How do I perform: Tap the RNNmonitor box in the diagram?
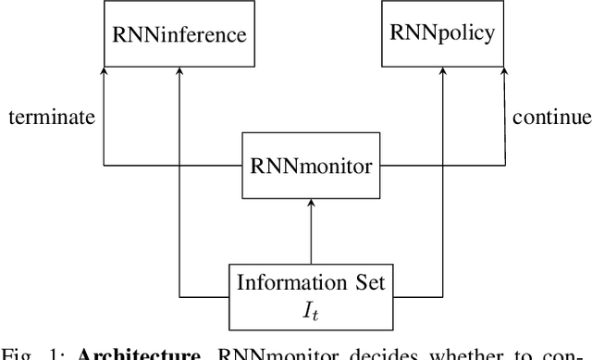[x=310, y=168]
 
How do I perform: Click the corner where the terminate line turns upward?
[x=105, y=168]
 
